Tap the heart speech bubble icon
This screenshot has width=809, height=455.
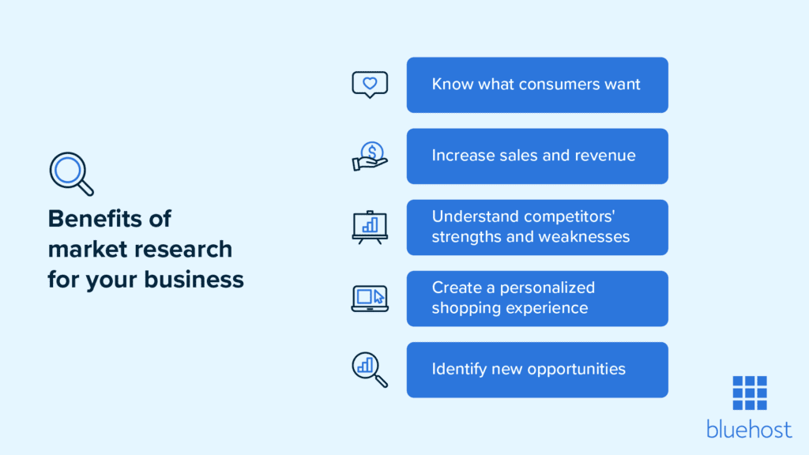pyautogui.click(x=370, y=85)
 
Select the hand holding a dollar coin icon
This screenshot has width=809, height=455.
pyautogui.click(x=370, y=156)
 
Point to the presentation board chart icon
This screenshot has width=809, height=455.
pyautogui.click(x=370, y=227)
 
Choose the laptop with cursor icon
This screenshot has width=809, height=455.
pyautogui.click(x=370, y=299)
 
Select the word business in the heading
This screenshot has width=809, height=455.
pyautogui.click(x=194, y=280)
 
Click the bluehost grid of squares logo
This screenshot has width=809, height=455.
pyautogui.click(x=750, y=393)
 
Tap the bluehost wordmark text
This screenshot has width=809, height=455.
pyautogui.click(x=749, y=429)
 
